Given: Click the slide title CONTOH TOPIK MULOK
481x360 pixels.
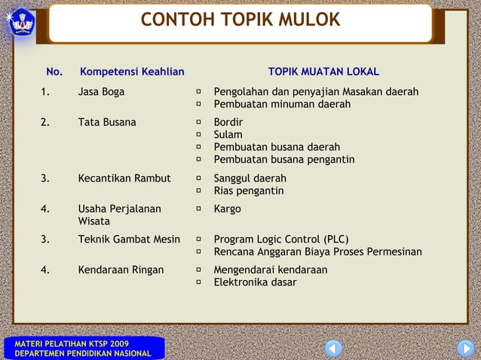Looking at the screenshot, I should (x=240, y=20).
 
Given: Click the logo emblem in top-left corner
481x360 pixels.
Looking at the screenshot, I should (x=22, y=21).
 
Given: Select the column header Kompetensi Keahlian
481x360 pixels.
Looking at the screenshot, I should (x=132, y=72).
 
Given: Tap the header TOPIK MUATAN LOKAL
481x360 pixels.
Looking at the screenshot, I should (x=323, y=72).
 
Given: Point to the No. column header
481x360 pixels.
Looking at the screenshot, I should (x=54, y=72).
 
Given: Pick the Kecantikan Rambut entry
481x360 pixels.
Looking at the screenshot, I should (x=124, y=178).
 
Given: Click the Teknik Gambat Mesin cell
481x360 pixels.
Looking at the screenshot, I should (x=129, y=239).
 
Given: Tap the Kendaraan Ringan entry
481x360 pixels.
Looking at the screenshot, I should (x=121, y=270).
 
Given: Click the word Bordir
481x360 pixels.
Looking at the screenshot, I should (x=228, y=122).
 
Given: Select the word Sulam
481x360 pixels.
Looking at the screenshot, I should (x=228, y=135).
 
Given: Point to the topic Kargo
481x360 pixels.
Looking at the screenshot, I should (x=228, y=209).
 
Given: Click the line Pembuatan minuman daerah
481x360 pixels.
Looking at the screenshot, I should (x=282, y=104).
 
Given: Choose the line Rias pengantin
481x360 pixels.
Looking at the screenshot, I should (x=249, y=191).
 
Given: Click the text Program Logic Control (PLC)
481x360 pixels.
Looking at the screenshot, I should (x=281, y=239).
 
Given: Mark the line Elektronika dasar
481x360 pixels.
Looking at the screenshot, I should (x=255, y=282).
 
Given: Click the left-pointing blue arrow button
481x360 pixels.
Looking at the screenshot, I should (x=333, y=349).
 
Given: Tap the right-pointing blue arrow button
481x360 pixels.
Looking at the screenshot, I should (x=465, y=349).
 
